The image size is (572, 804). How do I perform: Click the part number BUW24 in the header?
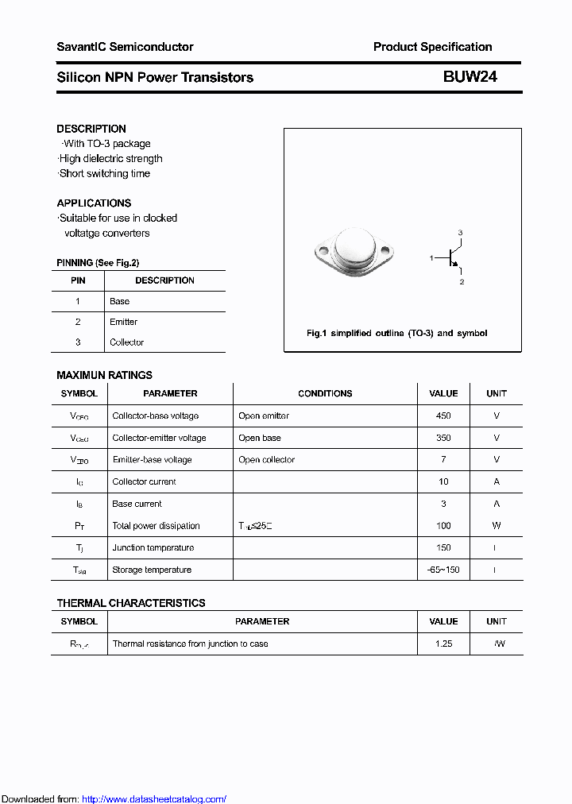pos(470,77)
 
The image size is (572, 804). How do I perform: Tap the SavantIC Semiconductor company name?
pos(125,47)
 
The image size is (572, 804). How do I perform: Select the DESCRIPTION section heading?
pos(91,129)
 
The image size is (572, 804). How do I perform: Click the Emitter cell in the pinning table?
pos(123,322)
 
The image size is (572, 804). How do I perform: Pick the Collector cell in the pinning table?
pos(126,342)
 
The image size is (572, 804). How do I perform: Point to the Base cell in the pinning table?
pos(119,301)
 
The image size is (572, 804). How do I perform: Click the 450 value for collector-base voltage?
pos(443,416)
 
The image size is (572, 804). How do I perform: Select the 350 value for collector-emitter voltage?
pos(443,438)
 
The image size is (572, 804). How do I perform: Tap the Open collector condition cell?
pos(266,459)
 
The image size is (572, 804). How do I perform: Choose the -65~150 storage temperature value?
pos(443,570)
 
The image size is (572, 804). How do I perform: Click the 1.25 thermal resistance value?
pos(443,644)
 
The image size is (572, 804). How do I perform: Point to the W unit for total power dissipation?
pos(497,525)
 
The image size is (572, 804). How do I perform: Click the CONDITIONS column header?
pos(325,393)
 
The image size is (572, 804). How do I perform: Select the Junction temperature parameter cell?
pos(153,547)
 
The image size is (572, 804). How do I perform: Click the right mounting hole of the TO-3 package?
pos(385,253)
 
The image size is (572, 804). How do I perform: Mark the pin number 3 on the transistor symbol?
pos(460,232)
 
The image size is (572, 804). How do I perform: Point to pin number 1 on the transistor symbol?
pos(431,258)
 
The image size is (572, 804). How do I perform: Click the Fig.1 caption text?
pos(397,333)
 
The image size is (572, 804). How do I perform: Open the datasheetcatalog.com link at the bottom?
pos(154,799)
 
